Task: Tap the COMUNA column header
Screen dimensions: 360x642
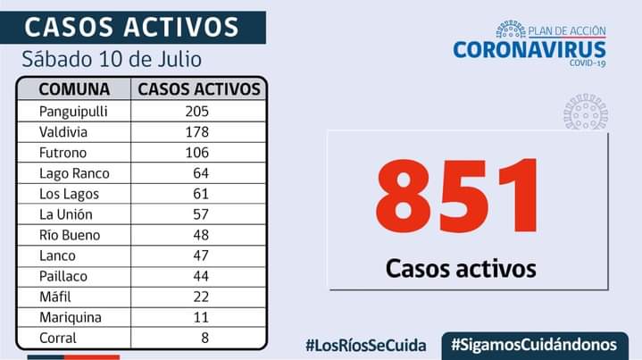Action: (x=74, y=89)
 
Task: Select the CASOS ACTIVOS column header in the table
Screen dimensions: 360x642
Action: (x=200, y=89)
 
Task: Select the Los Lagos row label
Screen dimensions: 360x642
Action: (x=69, y=194)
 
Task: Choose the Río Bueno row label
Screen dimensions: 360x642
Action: (x=70, y=236)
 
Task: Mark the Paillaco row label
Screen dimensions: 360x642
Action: (x=65, y=277)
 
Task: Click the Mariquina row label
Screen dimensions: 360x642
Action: (x=71, y=318)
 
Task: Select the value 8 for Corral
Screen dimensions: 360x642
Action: (x=204, y=339)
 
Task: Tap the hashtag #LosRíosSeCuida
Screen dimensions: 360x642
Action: (x=364, y=344)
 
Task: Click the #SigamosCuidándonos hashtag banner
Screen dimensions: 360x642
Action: (x=534, y=344)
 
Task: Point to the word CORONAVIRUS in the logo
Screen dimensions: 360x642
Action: (x=529, y=50)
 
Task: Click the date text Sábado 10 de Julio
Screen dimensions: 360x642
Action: (x=112, y=60)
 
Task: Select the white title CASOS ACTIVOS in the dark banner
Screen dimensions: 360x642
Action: (x=131, y=26)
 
